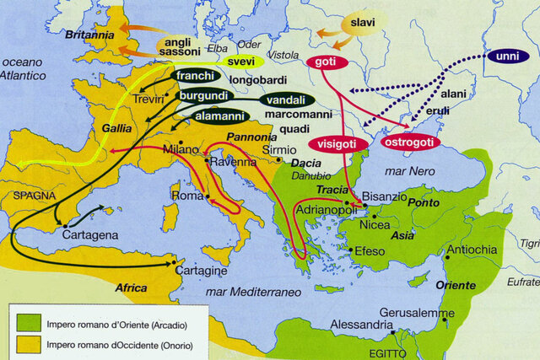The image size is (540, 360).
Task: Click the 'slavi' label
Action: click(x=363, y=22)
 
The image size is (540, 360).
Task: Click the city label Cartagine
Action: click(x=200, y=272)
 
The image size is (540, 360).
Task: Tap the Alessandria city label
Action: click(x=360, y=325)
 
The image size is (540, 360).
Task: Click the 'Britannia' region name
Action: click(x=89, y=36)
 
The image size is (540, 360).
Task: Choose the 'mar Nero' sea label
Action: click(x=407, y=170)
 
